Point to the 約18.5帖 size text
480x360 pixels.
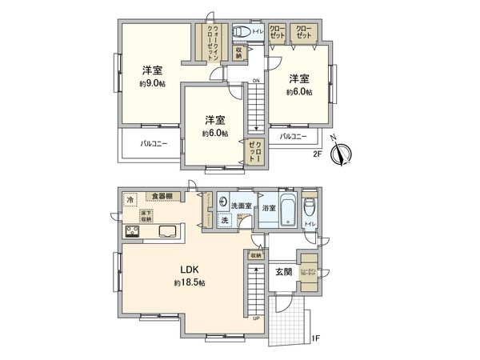point(190,283)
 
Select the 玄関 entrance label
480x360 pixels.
point(282,272)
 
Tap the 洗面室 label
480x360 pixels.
point(241,206)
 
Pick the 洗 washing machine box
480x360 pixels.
point(226,221)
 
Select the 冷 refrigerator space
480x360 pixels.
point(130,199)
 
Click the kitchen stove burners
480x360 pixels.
point(133,232)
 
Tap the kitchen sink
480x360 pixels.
point(170,232)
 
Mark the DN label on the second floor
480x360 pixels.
point(255,82)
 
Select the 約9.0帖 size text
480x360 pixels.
point(154,83)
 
